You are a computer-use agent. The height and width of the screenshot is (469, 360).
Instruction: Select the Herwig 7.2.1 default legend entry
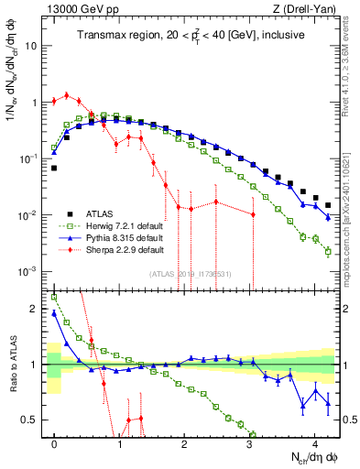[115, 224]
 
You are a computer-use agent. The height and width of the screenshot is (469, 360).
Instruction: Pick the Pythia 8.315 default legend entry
[115, 236]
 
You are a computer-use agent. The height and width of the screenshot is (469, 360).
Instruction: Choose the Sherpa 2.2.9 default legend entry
[115, 249]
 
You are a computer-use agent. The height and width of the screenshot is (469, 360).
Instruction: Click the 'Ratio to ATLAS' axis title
[13, 366]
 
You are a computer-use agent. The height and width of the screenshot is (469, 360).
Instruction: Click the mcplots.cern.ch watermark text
[352, 220]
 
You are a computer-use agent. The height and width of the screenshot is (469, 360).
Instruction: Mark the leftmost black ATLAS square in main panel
[54, 169]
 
